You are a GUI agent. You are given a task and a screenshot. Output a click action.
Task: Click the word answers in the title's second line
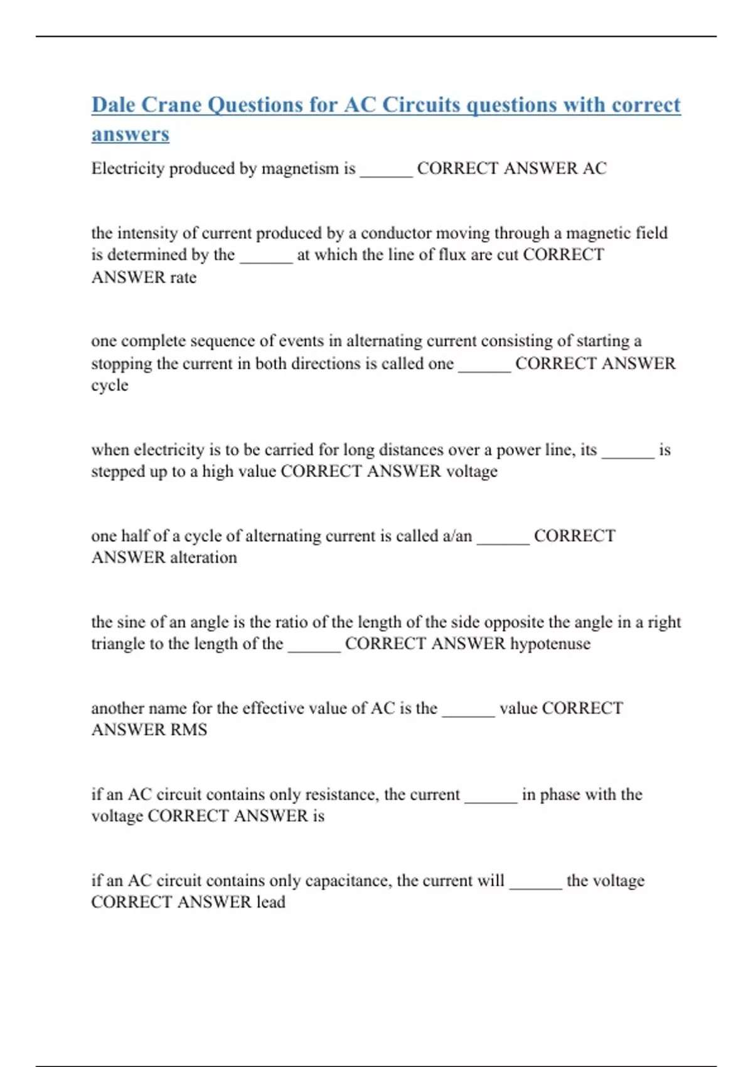pyautogui.click(x=131, y=134)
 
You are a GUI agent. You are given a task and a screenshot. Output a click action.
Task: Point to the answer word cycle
pyautogui.click(x=110, y=385)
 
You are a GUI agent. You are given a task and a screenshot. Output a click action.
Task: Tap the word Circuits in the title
pyautogui.click(x=421, y=105)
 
